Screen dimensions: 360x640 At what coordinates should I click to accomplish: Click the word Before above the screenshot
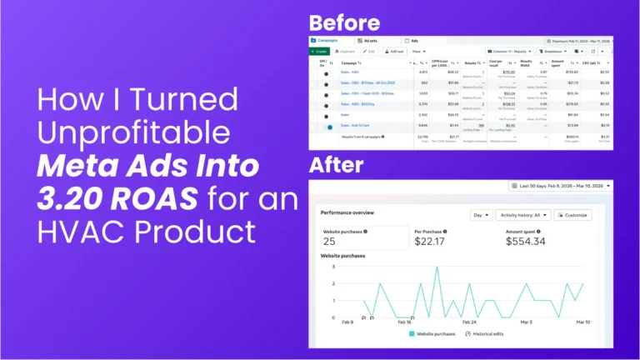[344, 22]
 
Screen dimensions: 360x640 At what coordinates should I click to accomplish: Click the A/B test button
[394, 51]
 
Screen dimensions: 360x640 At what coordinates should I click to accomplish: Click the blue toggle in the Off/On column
[330, 127]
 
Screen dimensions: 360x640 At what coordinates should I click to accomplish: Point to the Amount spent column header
[557, 62]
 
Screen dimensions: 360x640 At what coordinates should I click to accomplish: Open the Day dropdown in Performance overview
[481, 215]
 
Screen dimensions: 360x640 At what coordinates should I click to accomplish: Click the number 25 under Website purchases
[329, 241]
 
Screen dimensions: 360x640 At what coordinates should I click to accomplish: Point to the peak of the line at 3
[436, 267]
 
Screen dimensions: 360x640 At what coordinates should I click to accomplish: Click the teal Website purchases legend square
[412, 334]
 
